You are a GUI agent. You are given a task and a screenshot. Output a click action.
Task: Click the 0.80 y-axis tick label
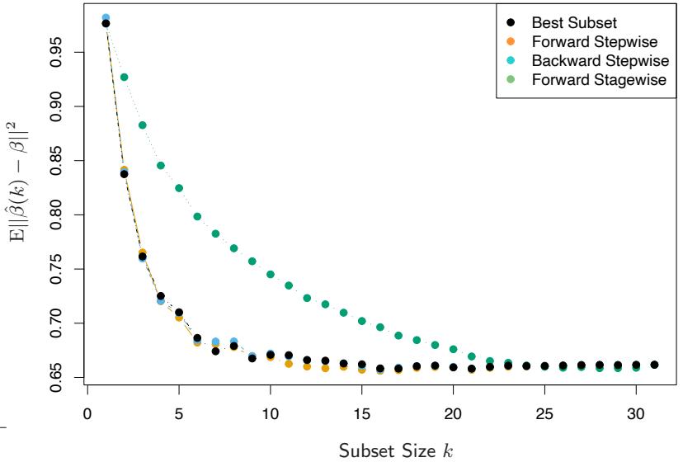(x=57, y=214)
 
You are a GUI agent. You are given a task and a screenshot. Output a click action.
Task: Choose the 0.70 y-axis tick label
(x=57, y=323)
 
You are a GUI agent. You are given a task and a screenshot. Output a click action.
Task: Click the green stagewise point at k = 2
(x=124, y=77)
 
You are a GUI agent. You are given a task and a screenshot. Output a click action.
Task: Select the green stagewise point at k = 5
(x=179, y=188)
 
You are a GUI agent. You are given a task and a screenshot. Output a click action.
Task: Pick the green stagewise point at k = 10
(x=271, y=274)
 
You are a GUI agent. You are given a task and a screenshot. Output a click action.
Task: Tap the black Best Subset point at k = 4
(x=161, y=296)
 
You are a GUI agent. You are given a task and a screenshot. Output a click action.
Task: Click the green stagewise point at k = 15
(x=361, y=321)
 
